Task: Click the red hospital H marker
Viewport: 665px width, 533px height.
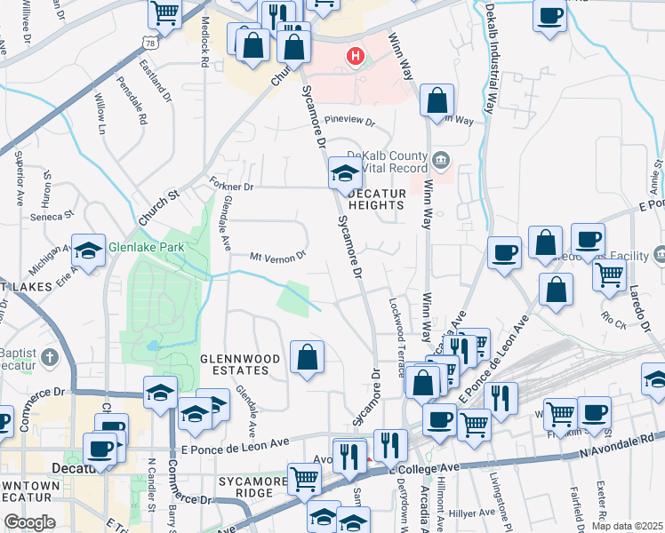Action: tap(356, 57)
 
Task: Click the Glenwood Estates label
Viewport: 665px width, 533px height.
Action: tap(234, 364)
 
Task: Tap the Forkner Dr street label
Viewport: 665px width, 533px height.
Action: tap(232, 187)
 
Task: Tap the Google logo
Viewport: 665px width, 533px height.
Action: tap(30, 521)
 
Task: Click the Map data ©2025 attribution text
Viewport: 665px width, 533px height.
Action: tap(627, 526)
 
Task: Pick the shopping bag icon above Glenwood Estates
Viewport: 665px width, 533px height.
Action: tap(307, 358)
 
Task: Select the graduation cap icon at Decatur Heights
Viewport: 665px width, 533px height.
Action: tap(344, 172)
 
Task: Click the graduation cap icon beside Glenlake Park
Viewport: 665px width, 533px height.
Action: tap(89, 252)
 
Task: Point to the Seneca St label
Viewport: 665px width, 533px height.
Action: tap(50, 216)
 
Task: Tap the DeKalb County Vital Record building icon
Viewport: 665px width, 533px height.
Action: tap(442, 161)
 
